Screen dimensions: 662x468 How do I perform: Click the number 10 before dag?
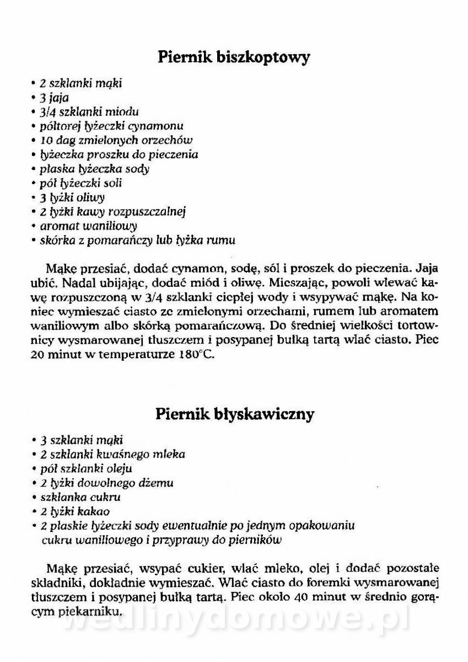coord(46,141)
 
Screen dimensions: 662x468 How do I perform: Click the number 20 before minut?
coord(39,355)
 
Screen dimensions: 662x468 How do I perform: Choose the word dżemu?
coord(158,483)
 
